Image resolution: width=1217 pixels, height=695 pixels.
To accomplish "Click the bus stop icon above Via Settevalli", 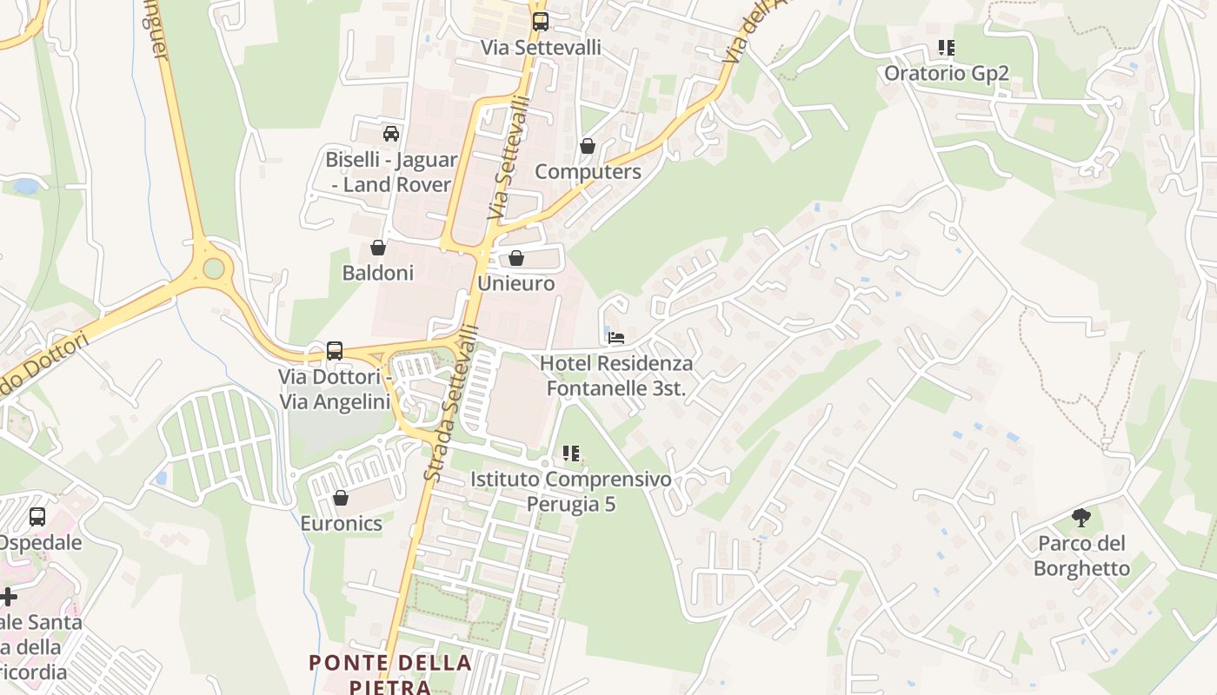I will (x=540, y=21).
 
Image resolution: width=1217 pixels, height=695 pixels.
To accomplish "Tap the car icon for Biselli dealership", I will (x=391, y=134).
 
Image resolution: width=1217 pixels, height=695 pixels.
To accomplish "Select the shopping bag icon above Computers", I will (x=588, y=146).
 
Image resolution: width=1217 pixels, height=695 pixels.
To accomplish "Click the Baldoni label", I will (x=377, y=273).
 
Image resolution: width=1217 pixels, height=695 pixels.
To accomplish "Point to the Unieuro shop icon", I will (x=516, y=258).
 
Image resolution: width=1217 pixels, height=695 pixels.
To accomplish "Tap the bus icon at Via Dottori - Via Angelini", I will (x=335, y=351).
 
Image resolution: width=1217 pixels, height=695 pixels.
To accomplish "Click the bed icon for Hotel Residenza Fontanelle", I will (x=616, y=337).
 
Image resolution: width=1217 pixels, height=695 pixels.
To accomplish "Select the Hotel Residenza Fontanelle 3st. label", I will (x=616, y=375).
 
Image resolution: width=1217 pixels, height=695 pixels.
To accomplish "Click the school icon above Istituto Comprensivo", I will (x=570, y=453).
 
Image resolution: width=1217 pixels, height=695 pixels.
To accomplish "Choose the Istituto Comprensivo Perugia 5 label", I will (x=570, y=491).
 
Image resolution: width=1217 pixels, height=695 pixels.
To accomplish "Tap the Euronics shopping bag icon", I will (x=341, y=498).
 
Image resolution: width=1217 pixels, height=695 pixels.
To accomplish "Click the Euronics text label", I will (x=341, y=523).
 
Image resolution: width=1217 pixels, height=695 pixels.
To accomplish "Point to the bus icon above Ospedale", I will (x=37, y=517).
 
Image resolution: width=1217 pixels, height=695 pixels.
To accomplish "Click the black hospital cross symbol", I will (x=8, y=597).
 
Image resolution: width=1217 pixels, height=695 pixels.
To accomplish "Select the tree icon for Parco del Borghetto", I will (x=1081, y=519).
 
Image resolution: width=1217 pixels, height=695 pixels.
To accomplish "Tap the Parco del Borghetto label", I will (x=1081, y=556).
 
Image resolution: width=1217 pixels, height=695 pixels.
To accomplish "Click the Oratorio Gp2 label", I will (x=946, y=73).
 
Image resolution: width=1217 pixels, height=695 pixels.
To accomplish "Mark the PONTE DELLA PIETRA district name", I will (x=390, y=674).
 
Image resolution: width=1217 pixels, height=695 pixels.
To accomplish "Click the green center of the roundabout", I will (x=213, y=268).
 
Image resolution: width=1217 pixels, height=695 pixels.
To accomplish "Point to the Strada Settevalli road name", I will (x=451, y=403).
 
